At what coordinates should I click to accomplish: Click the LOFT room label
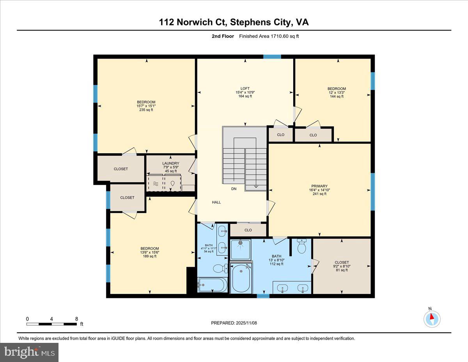(245, 89)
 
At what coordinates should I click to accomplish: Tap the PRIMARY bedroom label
(319, 186)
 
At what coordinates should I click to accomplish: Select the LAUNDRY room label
(171, 163)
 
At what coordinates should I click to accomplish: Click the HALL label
(216, 202)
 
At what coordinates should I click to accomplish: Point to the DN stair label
(234, 189)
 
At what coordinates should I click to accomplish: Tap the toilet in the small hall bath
(220, 269)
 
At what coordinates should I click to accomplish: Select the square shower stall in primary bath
(240, 249)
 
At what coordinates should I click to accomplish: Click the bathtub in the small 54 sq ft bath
(211, 285)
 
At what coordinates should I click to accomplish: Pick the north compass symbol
(432, 319)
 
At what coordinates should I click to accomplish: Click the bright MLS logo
(29, 352)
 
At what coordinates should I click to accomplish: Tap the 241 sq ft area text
(319, 194)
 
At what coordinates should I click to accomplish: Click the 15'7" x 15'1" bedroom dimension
(146, 106)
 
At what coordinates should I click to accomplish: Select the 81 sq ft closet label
(342, 270)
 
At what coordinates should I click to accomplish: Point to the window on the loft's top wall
(272, 57)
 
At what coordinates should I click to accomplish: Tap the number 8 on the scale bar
(76, 319)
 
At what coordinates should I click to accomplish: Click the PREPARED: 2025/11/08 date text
(234, 323)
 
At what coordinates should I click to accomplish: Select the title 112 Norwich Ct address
(234, 22)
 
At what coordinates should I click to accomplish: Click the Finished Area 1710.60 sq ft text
(269, 36)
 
